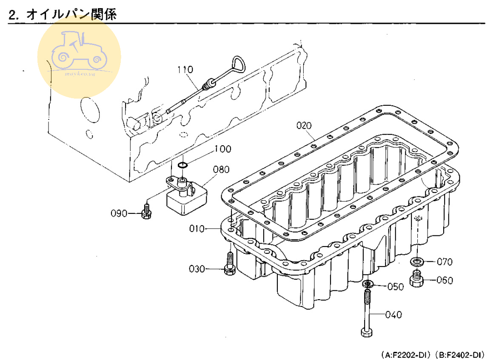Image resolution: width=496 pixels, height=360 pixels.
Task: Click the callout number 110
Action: pos(185,69)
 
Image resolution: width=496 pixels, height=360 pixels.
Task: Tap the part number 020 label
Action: pos(304,125)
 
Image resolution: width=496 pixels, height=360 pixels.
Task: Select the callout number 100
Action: pos(223,149)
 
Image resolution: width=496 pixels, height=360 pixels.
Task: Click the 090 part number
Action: pos(120,213)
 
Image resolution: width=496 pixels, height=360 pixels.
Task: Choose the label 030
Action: pos(197,269)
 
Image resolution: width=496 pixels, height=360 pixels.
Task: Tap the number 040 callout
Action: pos(393,315)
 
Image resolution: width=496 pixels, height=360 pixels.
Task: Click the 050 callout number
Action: pos(396,287)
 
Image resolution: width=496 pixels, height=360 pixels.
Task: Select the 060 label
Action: pos(445,281)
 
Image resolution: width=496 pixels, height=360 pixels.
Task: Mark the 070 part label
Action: pos(445,262)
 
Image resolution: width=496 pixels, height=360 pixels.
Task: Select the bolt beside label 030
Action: pos(229,264)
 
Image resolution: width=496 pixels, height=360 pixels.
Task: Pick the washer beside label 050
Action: pos(368,283)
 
